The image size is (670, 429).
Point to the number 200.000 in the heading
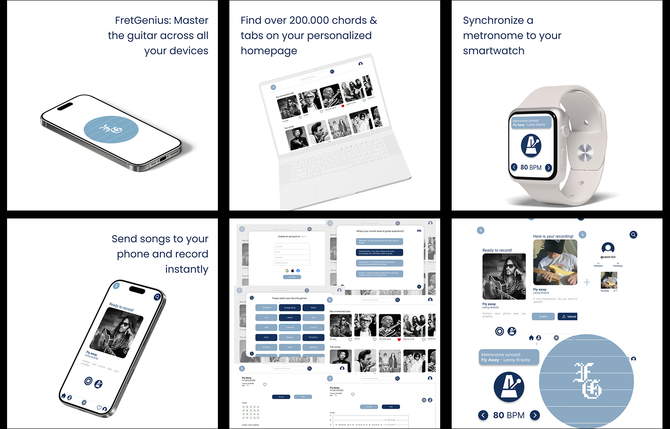point(309,21)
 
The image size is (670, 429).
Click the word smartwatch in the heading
point(493,51)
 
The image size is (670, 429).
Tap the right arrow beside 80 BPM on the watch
point(548,168)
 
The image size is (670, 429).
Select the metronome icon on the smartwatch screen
point(531,145)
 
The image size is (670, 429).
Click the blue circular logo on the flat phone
point(111,130)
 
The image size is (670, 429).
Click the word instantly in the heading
point(187,269)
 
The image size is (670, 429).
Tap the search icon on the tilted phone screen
point(157,297)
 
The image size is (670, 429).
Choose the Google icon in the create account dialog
point(287,271)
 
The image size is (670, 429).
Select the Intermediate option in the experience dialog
point(380,252)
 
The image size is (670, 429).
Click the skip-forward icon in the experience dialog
point(419,231)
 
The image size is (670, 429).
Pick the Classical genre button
point(290,327)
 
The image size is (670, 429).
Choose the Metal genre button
point(290,317)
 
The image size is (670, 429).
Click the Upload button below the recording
point(569,316)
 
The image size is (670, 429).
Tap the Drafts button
point(543,316)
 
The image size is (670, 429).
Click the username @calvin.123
point(608,257)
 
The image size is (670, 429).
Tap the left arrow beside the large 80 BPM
point(483,415)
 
